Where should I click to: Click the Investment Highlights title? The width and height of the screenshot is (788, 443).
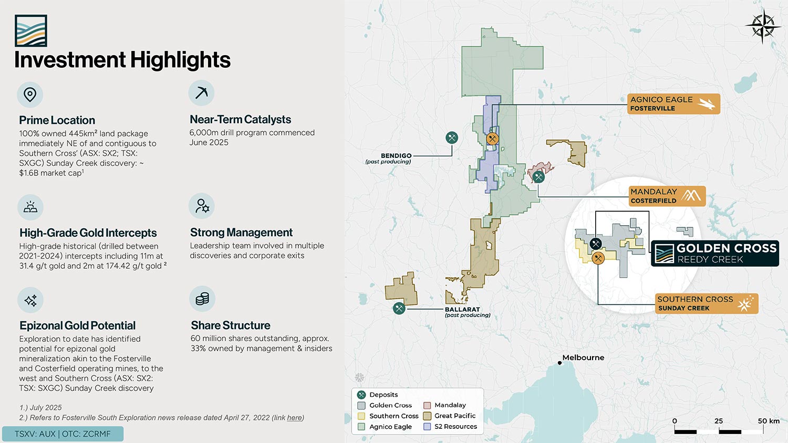click(x=122, y=60)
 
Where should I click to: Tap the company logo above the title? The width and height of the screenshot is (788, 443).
click(x=31, y=30)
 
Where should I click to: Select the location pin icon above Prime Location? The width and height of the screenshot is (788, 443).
click(x=30, y=94)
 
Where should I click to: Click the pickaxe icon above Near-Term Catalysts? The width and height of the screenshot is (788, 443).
click(x=201, y=93)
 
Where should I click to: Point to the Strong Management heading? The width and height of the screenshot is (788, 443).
click(x=241, y=233)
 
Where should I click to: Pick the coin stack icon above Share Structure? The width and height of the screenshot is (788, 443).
click(x=202, y=299)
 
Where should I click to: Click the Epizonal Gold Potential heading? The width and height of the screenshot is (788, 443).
click(x=77, y=325)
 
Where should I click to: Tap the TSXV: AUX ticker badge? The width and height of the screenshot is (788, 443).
click(x=63, y=434)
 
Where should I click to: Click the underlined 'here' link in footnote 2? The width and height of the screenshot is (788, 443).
click(x=294, y=418)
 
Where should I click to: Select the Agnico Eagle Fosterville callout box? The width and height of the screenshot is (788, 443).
click(x=673, y=104)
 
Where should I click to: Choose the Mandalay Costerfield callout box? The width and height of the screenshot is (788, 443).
click(x=667, y=196)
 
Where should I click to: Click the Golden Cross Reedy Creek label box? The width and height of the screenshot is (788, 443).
click(x=715, y=254)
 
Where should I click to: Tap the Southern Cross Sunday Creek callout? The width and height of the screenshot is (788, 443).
click(x=707, y=303)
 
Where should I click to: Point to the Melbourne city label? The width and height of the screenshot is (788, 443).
click(x=583, y=357)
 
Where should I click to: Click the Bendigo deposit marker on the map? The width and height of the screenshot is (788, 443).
click(x=452, y=138)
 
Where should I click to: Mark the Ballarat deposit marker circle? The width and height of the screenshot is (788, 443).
click(x=399, y=309)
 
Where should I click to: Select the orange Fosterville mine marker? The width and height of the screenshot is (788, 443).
click(x=493, y=139)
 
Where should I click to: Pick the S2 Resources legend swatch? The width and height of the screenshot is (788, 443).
click(x=427, y=427)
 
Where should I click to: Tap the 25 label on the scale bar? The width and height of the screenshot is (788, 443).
click(x=719, y=421)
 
